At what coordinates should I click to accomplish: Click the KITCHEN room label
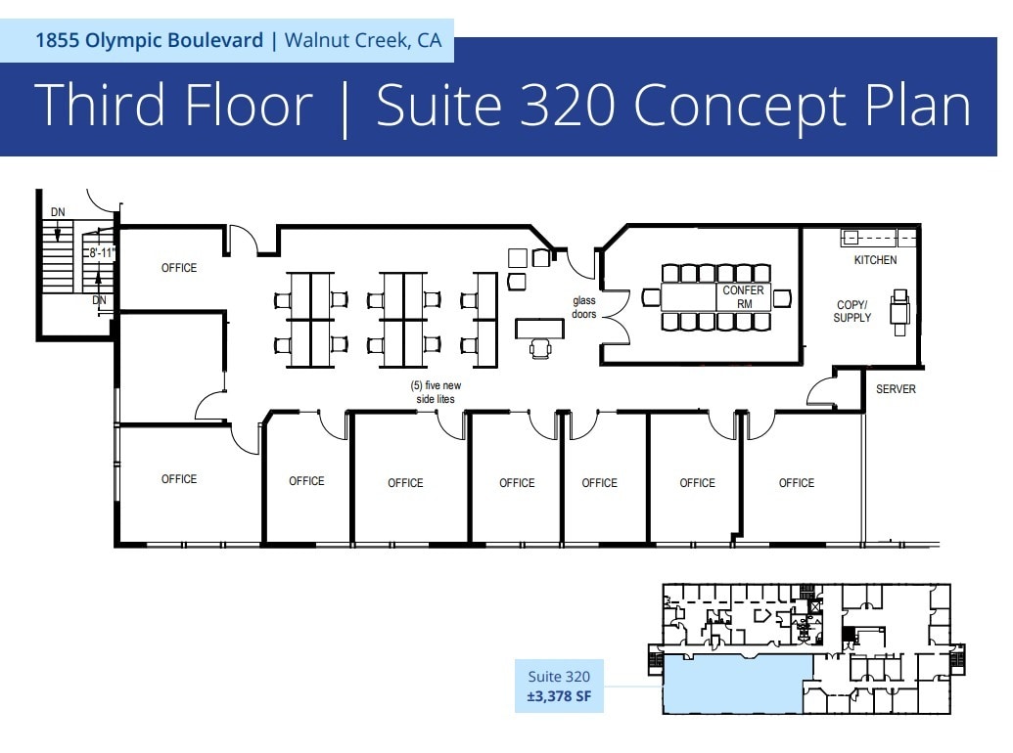point(874,260)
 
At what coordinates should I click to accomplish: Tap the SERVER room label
point(896,389)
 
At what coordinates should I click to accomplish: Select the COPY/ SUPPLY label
point(852,311)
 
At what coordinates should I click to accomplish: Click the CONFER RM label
point(743,297)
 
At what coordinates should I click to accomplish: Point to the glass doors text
point(584,307)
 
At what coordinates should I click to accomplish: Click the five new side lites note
point(435,392)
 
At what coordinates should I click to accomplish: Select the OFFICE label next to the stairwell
point(179,268)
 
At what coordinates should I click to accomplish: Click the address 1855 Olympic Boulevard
point(149,40)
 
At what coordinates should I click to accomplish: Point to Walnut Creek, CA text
point(362,40)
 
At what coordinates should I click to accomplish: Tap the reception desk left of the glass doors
point(539,328)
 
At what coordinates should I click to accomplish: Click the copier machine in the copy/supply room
point(899,311)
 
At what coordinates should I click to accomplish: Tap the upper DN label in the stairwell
point(58,212)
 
